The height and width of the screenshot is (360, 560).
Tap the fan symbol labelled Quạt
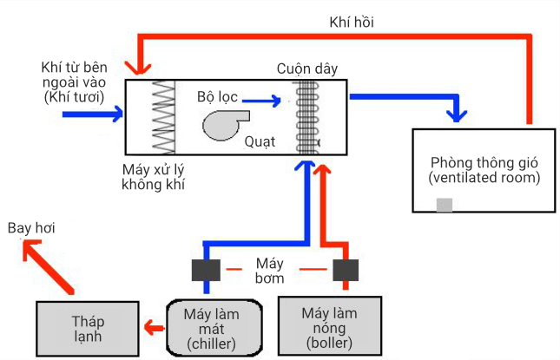point(224,123)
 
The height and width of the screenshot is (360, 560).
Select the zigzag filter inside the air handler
point(163,118)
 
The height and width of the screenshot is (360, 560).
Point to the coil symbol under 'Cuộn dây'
point(306,118)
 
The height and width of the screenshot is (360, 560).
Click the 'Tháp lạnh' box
point(87,329)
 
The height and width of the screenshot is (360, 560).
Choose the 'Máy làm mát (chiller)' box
point(212,328)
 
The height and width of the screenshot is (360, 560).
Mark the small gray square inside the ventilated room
point(444,206)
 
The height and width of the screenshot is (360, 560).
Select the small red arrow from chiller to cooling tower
point(153,329)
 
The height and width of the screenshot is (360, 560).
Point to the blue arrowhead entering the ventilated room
point(457,113)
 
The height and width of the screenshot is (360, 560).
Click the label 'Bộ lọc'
point(216,95)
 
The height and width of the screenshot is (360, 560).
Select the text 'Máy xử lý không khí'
point(154,177)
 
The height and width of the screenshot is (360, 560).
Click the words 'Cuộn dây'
point(307,68)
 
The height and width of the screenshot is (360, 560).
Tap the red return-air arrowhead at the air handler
point(137,68)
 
